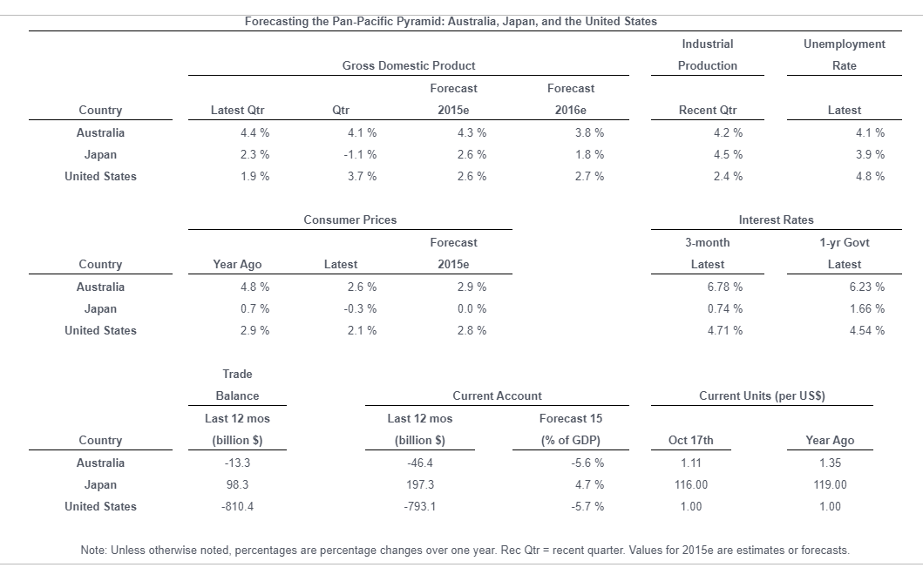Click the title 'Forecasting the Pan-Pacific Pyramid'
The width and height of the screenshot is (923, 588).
point(451,21)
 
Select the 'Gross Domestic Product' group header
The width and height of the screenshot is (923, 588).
point(409,65)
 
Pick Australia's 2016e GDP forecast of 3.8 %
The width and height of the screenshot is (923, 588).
point(589,132)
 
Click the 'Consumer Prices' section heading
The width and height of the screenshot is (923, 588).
point(350,220)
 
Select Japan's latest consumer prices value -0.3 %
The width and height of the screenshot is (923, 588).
point(361,308)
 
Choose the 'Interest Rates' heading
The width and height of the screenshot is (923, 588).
point(776,220)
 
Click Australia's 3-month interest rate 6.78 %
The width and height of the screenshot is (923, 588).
point(725,287)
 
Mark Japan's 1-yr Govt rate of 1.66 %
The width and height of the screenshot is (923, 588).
point(866,308)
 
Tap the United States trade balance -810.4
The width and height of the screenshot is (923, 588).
point(237,506)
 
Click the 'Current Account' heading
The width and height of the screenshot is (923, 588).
point(497,395)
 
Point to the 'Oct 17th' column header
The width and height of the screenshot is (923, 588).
point(690,440)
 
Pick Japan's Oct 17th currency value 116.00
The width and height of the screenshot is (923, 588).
point(690,484)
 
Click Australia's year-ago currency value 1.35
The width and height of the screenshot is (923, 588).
point(830,463)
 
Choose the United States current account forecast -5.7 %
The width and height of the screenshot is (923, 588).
point(589,506)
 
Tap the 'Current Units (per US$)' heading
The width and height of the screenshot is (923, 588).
point(762,395)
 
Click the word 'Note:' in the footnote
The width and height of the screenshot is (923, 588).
point(94,551)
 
